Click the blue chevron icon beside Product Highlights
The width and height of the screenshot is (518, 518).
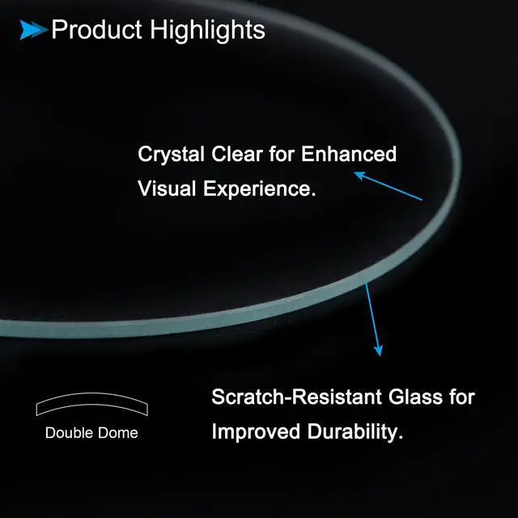[x=33, y=30]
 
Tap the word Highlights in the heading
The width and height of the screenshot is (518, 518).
[x=207, y=31]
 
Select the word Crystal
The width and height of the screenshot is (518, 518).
[x=171, y=155]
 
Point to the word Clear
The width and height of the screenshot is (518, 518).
[x=237, y=154]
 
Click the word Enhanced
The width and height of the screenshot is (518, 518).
[x=349, y=154]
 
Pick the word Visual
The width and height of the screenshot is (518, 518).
[x=167, y=189]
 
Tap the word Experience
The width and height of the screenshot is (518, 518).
[x=260, y=189]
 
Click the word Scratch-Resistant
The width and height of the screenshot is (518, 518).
[x=297, y=397]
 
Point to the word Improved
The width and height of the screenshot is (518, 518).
[x=256, y=432]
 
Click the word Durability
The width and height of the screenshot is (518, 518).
[x=355, y=432]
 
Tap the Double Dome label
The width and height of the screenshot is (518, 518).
[x=91, y=433]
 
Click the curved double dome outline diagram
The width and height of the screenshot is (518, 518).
[x=91, y=394]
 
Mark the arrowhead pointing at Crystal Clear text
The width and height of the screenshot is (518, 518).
[x=359, y=175]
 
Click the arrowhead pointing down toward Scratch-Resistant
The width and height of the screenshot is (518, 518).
[x=379, y=350]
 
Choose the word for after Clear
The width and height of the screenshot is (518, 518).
[x=282, y=154]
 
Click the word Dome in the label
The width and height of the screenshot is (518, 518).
[x=118, y=433]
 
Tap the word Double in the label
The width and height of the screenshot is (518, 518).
[x=69, y=433]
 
